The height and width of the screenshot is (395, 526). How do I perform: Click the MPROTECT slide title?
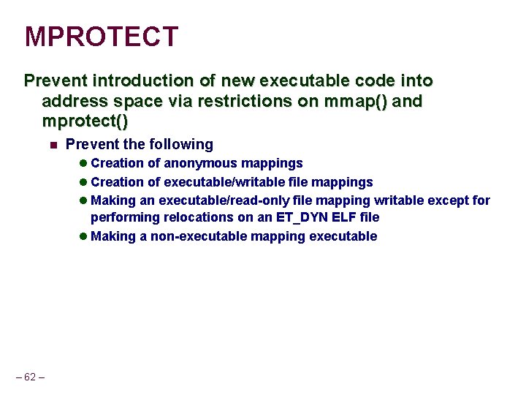tap(102, 37)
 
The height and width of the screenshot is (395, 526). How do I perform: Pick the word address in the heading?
tap(73, 100)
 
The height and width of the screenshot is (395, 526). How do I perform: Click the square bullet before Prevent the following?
tap(53, 145)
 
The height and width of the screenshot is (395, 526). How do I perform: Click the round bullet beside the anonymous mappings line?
tap(83, 163)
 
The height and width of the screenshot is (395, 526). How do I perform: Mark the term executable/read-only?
tap(200, 200)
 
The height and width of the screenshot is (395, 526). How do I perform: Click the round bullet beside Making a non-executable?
tap(83, 236)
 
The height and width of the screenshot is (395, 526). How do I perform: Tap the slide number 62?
tap(30, 377)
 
